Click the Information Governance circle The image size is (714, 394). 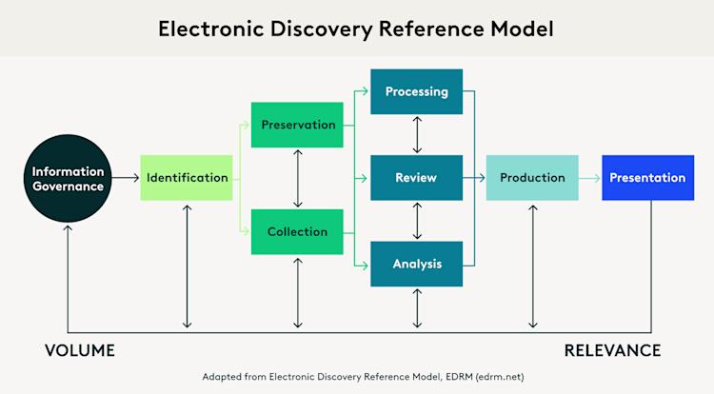point(68,178)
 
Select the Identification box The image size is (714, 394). point(187,178)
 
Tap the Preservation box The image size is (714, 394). point(298,125)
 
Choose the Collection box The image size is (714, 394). point(298,231)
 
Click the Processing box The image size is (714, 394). point(416,92)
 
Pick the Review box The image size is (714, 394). point(416,178)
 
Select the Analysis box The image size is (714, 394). point(416,264)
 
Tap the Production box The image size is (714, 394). point(531,178)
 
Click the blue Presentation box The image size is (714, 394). point(647,178)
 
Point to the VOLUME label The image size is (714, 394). point(80,351)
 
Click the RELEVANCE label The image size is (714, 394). point(612,351)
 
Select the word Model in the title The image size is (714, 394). point(520,29)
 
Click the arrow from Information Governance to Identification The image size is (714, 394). point(125,178)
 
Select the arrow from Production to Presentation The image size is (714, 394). point(588,178)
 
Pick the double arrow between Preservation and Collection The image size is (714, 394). point(298,178)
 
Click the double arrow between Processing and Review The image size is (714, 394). point(416,135)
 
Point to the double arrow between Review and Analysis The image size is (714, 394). point(416,221)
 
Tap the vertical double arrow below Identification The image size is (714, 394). point(187,266)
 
